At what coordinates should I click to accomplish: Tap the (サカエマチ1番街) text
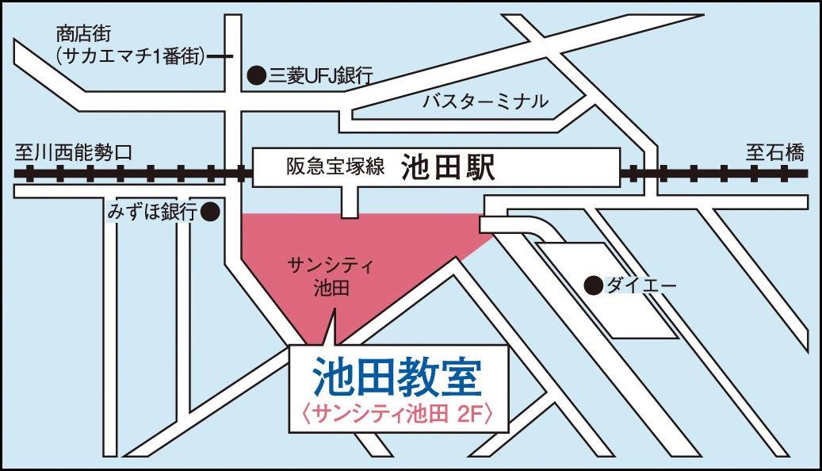click(132, 56)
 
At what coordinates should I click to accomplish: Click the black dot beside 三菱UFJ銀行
click(256, 75)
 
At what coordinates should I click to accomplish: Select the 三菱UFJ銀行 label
click(321, 76)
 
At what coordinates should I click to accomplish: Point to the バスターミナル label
click(484, 101)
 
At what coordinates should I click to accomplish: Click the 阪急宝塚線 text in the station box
click(335, 167)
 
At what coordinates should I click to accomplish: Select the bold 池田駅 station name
click(448, 167)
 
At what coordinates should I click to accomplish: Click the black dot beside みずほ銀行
click(209, 212)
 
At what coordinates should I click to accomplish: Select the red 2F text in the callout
click(473, 413)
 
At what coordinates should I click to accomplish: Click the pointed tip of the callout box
click(334, 312)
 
